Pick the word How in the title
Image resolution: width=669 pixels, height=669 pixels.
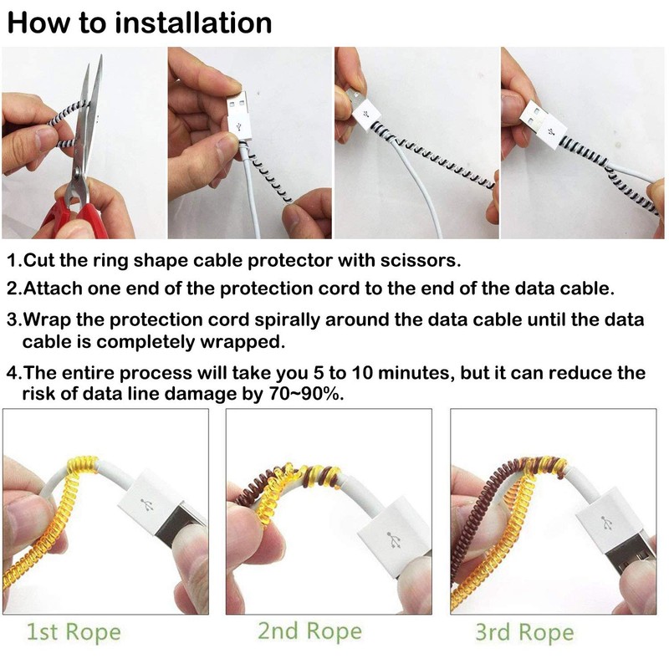pos(42,23)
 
